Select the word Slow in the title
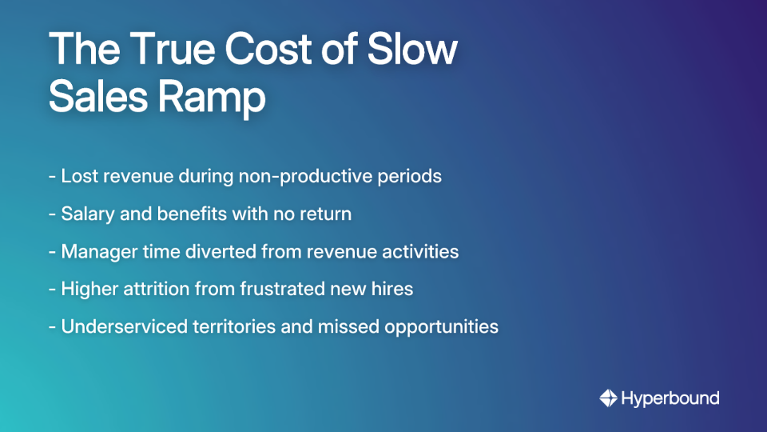coord(413,50)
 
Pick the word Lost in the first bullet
coord(79,176)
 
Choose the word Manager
coord(97,251)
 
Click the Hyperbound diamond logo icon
coord(608,398)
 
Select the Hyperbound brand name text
coord(670,398)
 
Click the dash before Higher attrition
coord(52,289)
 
